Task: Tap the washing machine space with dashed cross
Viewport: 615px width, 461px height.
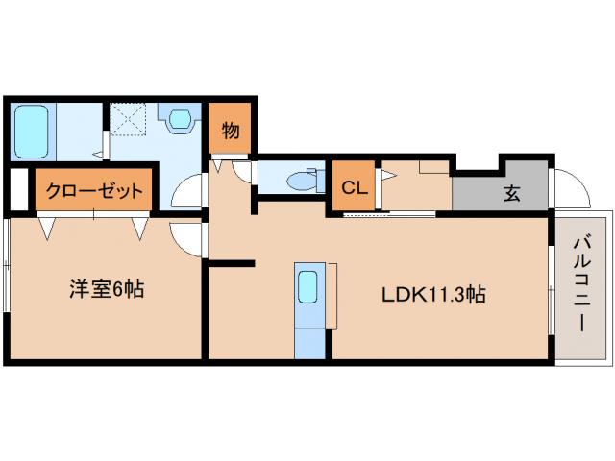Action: [127, 121]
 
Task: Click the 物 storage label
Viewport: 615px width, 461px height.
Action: [231, 130]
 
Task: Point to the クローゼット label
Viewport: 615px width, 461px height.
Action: [93, 190]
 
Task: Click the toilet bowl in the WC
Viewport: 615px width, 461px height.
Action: [306, 180]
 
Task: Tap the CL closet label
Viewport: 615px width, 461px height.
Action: [354, 188]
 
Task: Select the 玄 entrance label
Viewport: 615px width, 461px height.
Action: [512, 192]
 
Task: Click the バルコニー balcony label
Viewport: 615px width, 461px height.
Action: [581, 284]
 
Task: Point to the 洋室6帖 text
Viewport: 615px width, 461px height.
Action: [106, 288]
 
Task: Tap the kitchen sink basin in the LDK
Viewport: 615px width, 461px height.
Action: [308, 285]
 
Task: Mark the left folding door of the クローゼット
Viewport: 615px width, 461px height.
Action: [48, 227]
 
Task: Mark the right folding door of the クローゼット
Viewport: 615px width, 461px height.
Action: [140, 227]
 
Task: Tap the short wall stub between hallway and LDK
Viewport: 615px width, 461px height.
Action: [232, 262]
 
